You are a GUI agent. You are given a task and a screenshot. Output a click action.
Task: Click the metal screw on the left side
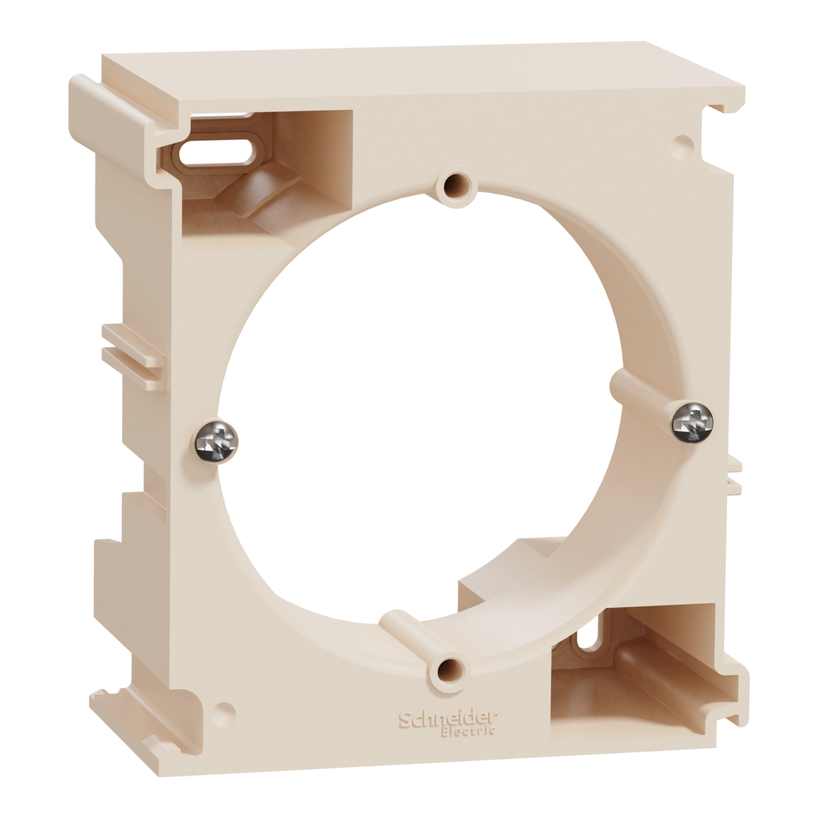[x=217, y=442]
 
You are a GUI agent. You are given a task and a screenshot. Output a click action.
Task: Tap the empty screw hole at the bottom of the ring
[x=446, y=670]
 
